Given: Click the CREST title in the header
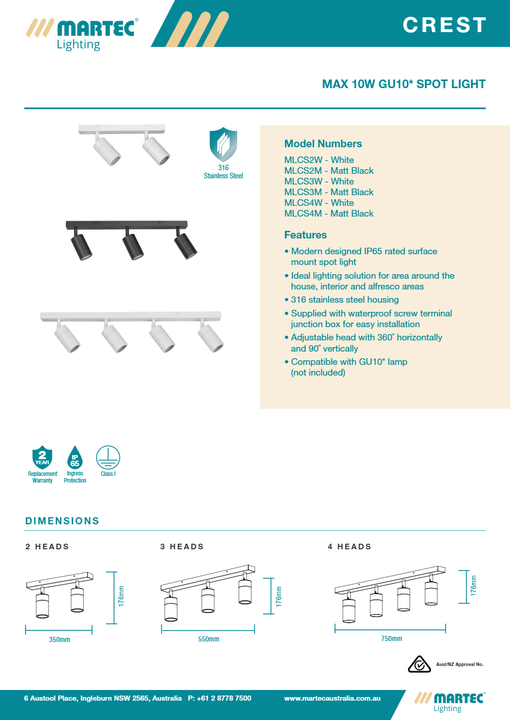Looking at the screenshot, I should tap(445, 25).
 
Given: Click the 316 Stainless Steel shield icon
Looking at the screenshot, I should tap(223, 145).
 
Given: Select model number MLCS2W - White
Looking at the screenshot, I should tap(319, 160).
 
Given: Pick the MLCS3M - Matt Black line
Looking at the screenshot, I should tap(328, 192).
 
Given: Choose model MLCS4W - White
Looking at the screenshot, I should tap(319, 203).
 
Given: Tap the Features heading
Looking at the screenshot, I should tap(305, 235).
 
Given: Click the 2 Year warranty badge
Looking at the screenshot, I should tap(42, 457).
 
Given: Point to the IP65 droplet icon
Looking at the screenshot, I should tap(75, 458).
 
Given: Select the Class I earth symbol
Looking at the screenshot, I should tap(108, 457).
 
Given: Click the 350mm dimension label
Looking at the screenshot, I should tap(60, 639).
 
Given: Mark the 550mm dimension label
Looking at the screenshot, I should tap(209, 639).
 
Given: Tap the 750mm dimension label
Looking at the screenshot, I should tap(391, 638).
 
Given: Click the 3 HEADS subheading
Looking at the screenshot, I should tap(182, 547).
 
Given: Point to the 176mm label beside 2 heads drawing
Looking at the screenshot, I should tap(121, 596).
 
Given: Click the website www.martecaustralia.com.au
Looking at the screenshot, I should tap(332, 698).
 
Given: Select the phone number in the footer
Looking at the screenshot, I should tap(219, 698).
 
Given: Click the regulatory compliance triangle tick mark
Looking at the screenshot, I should tap(419, 664).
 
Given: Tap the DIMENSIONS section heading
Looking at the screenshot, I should tap(62, 521).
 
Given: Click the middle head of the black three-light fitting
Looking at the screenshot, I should tap(133, 245).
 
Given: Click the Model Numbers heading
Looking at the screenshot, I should tap(323, 144).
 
